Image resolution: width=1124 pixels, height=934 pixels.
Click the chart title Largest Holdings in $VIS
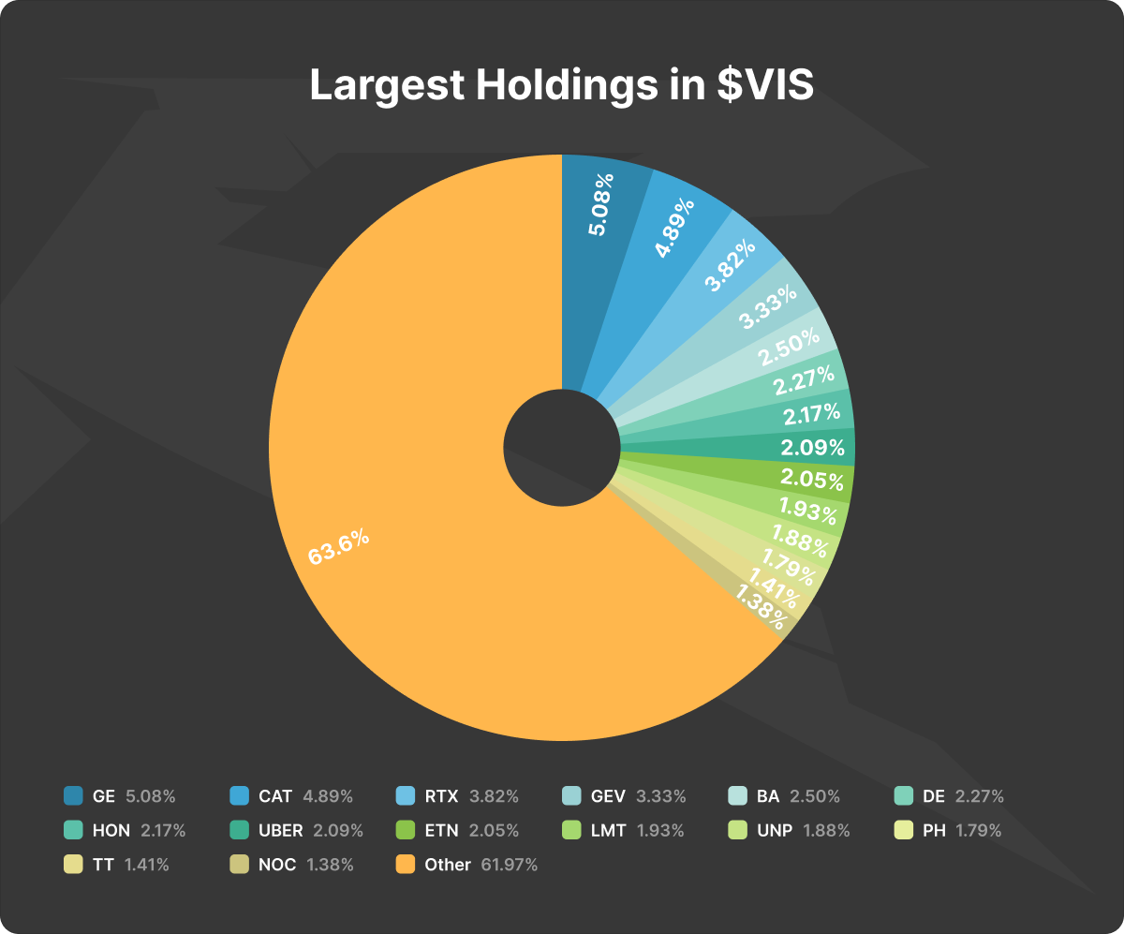(562, 85)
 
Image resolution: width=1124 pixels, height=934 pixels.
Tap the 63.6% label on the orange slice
(339, 548)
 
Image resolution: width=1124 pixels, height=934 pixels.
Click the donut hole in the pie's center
(562, 448)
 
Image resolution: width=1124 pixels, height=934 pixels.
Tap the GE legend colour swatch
(73, 796)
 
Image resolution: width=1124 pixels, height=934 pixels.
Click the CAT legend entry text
(275, 796)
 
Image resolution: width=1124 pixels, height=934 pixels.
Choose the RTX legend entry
(441, 796)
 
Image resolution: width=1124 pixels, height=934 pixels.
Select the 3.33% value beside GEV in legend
(661, 796)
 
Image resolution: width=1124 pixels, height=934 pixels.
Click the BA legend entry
(768, 796)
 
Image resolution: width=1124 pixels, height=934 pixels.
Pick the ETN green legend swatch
(406, 830)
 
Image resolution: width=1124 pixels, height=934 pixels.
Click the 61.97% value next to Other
(509, 865)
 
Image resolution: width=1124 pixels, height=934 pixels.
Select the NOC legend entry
(277, 865)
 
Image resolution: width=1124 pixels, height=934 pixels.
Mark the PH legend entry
(934, 830)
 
